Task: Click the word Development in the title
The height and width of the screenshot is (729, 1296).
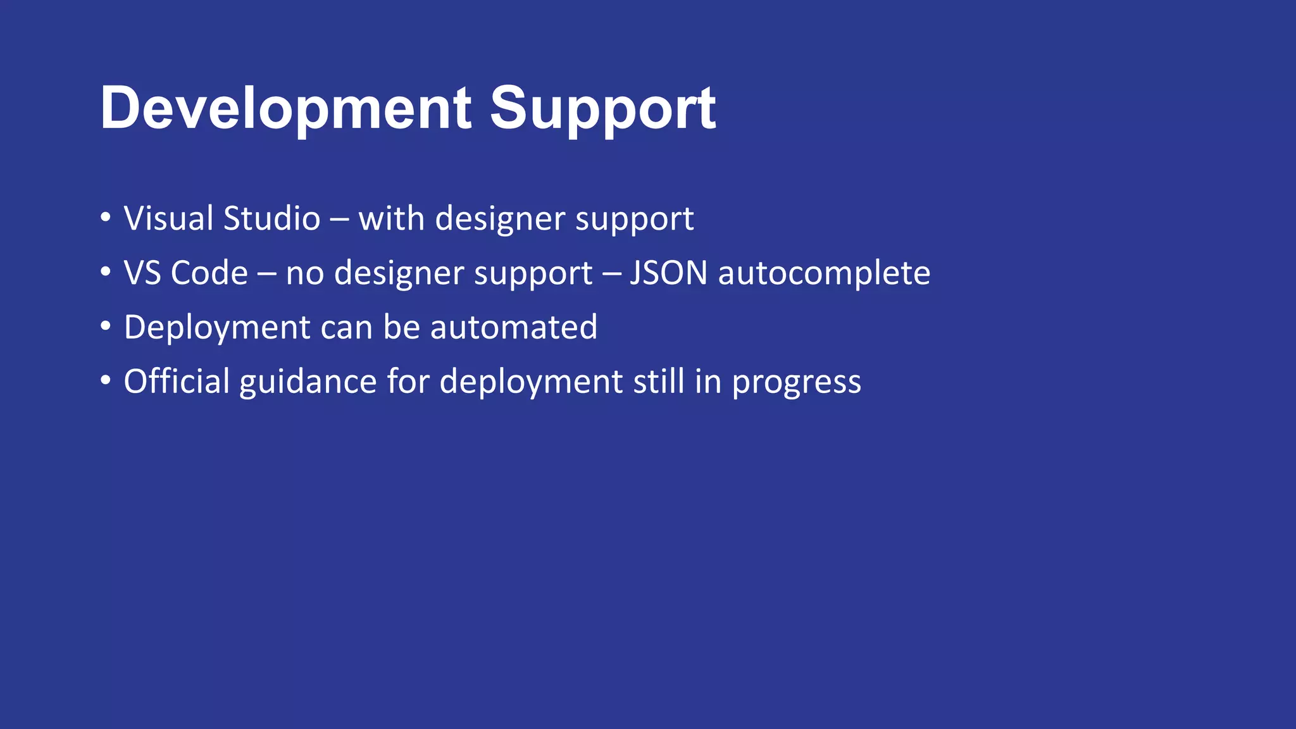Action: pyautogui.click(x=285, y=109)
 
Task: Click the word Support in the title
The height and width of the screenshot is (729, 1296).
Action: pyautogui.click(x=602, y=109)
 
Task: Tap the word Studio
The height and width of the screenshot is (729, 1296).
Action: pyautogui.click(x=272, y=219)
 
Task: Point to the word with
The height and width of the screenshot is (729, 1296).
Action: pyautogui.click(x=391, y=219)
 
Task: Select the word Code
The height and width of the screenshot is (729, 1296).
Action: pyautogui.click(x=209, y=273)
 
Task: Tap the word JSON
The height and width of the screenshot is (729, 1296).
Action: pyautogui.click(x=668, y=273)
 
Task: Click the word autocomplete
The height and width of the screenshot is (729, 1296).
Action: pyautogui.click(x=824, y=273)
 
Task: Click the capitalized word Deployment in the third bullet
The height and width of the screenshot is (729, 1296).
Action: pyautogui.click(x=217, y=328)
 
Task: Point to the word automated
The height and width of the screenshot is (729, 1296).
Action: pyautogui.click(x=513, y=328)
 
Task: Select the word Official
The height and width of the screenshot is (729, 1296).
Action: pyautogui.click(x=177, y=382)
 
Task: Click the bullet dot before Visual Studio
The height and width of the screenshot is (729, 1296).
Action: pyautogui.click(x=106, y=218)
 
